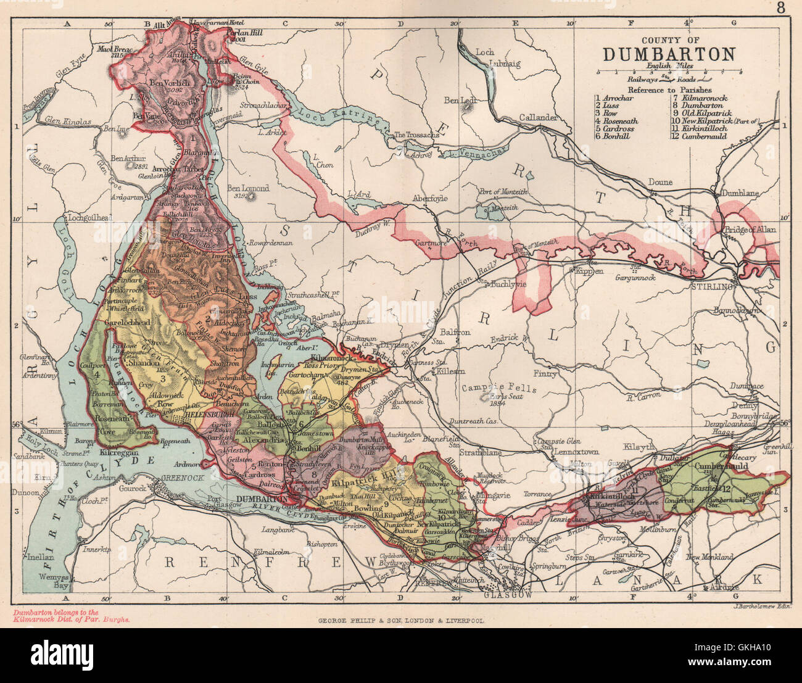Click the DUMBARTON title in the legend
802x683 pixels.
[669, 54]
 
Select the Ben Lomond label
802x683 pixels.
[248, 188]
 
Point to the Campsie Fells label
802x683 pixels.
[499, 389]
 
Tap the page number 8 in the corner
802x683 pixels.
[781, 8]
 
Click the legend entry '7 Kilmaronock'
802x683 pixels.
[700, 97]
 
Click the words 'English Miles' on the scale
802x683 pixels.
[669, 65]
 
